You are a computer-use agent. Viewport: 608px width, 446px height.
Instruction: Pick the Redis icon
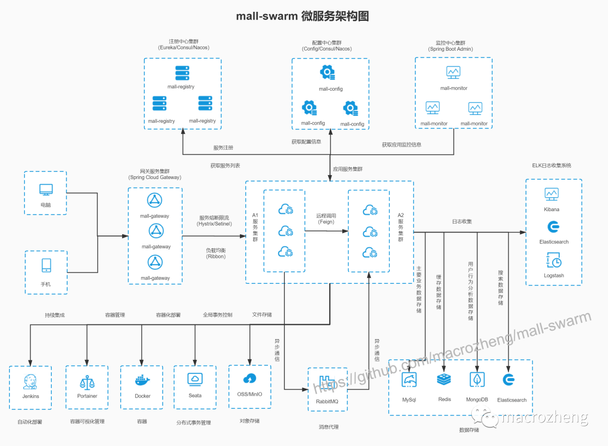(x=444, y=380)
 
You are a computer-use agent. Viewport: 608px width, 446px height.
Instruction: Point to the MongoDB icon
(x=477, y=380)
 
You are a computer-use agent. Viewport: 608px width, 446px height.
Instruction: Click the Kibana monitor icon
(x=552, y=194)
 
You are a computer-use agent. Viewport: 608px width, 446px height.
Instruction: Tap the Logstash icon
(x=553, y=260)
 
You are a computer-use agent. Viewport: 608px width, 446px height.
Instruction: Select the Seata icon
(x=195, y=379)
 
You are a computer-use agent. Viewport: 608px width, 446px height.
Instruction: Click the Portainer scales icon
(x=87, y=381)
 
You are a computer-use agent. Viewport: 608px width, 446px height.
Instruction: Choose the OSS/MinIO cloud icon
(x=249, y=379)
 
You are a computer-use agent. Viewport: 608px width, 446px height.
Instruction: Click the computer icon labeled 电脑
(x=46, y=190)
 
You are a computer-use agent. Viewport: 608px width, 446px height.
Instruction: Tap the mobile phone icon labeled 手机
(x=46, y=265)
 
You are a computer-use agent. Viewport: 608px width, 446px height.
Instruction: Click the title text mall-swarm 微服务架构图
(x=302, y=16)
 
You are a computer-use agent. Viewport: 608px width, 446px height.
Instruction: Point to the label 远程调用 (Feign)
(x=326, y=218)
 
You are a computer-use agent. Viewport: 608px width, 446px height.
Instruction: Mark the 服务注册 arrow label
(x=223, y=148)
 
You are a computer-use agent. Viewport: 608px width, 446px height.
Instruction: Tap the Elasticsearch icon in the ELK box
(x=553, y=226)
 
